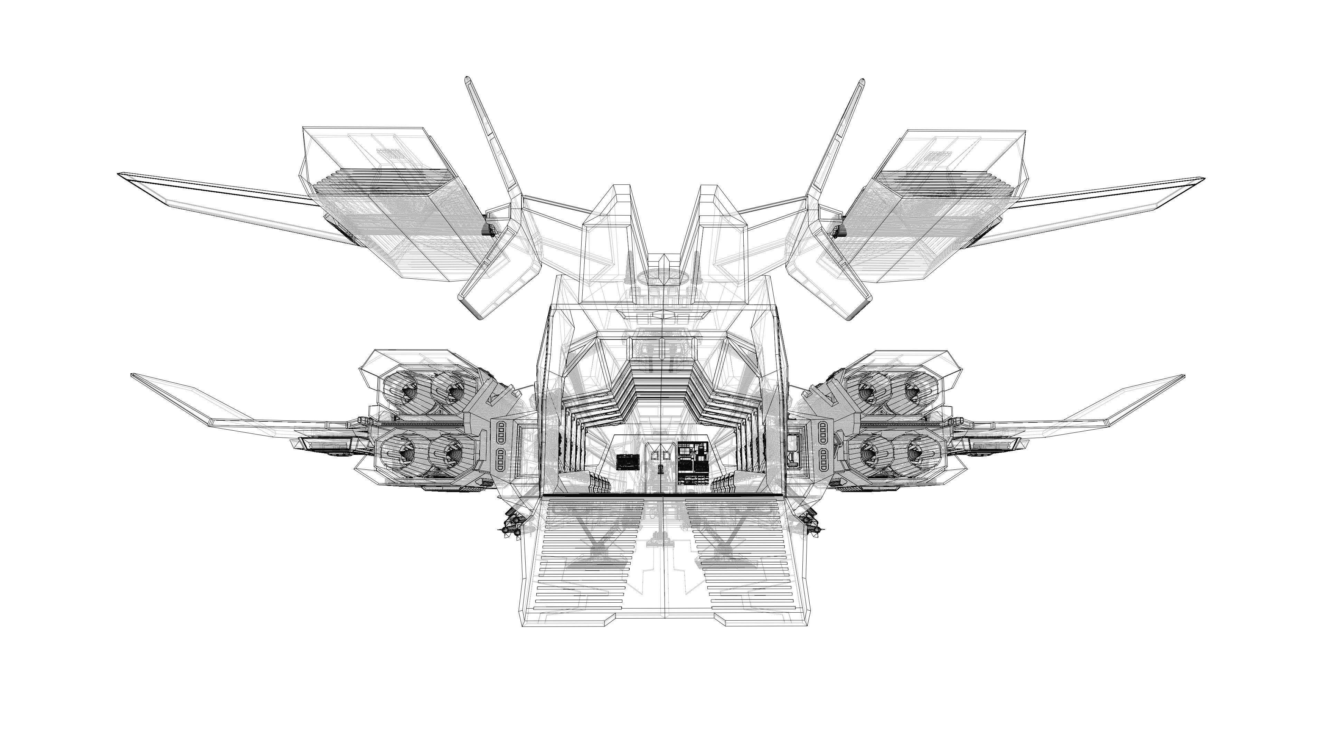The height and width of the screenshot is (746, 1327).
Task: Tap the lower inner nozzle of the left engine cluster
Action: point(449,453)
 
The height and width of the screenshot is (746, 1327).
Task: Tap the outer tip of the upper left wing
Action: point(120,174)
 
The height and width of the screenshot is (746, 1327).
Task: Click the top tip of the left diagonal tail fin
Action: point(467,79)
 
